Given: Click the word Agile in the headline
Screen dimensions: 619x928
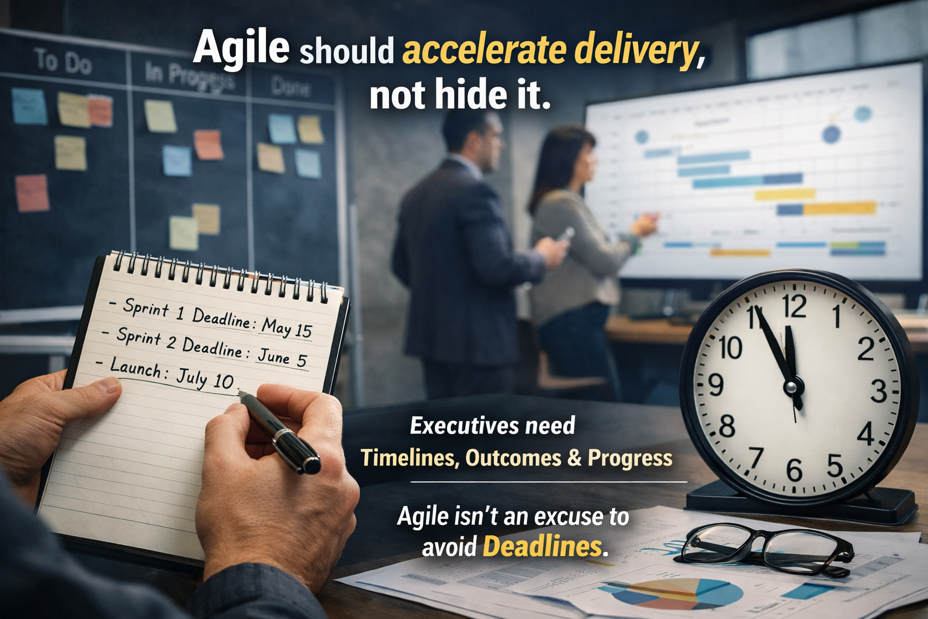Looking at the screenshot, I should [x=241, y=47].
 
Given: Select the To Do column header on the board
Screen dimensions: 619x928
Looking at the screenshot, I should [x=63, y=61].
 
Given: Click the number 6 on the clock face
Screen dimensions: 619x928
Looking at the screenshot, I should [x=794, y=470].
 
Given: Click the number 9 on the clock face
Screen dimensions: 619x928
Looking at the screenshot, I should [x=716, y=384].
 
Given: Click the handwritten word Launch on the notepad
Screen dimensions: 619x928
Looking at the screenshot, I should [x=135, y=367].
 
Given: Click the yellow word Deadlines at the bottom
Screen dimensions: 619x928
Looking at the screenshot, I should [x=542, y=546].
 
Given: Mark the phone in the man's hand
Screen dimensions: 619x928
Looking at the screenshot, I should [x=565, y=235].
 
